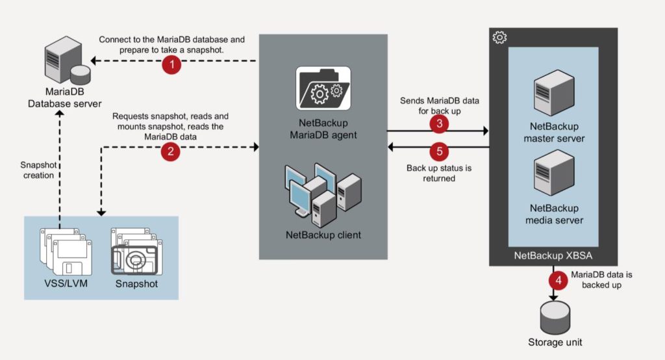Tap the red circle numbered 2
coord(170,151)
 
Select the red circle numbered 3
coord(438,123)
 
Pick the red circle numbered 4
coord(557,280)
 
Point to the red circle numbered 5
coord(439,151)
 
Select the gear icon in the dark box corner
coord(499,38)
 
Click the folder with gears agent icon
coord(323,87)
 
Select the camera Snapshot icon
coord(136,252)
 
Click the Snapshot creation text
coord(38,170)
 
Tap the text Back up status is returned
coord(439,173)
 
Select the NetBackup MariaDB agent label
coord(323,129)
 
